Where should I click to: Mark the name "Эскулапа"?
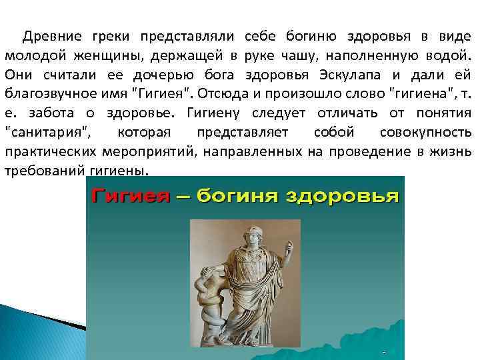354,73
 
